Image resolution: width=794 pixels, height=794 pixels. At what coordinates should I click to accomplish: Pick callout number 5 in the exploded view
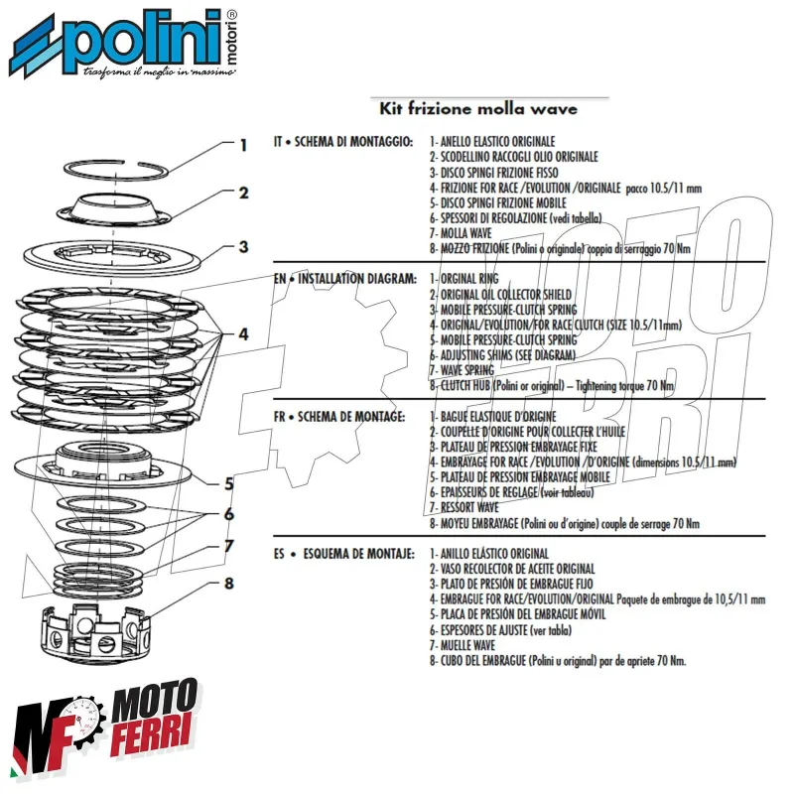(228, 484)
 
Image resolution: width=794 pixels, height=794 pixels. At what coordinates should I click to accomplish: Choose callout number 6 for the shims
(228, 514)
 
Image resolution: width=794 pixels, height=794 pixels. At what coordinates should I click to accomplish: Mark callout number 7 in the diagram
(228, 546)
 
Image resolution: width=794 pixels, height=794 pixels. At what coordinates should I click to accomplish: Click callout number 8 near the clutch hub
(228, 583)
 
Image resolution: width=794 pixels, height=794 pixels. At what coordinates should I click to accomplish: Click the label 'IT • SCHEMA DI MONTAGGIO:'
(342, 143)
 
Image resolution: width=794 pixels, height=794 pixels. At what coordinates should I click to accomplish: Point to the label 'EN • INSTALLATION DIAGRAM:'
(344, 280)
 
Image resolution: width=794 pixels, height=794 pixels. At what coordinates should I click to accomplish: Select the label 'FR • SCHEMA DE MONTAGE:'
(338, 416)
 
